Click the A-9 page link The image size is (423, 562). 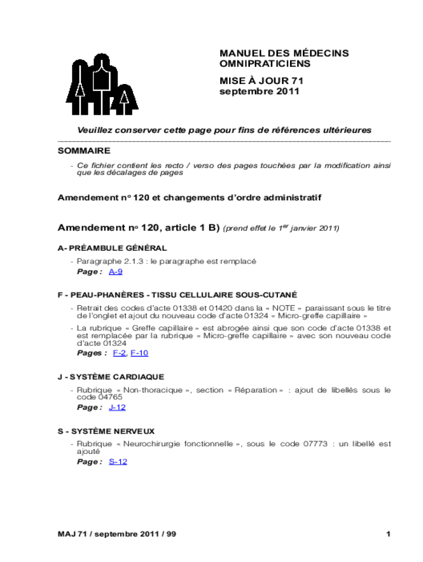[115, 272]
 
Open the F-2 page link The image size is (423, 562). [119, 353]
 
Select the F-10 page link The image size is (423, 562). [140, 353]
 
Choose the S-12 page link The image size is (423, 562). [118, 462]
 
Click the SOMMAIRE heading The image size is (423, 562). [84, 150]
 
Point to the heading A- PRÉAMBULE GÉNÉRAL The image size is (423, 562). [113, 249]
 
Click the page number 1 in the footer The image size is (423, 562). [388, 534]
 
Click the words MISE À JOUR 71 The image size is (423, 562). [261, 81]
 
